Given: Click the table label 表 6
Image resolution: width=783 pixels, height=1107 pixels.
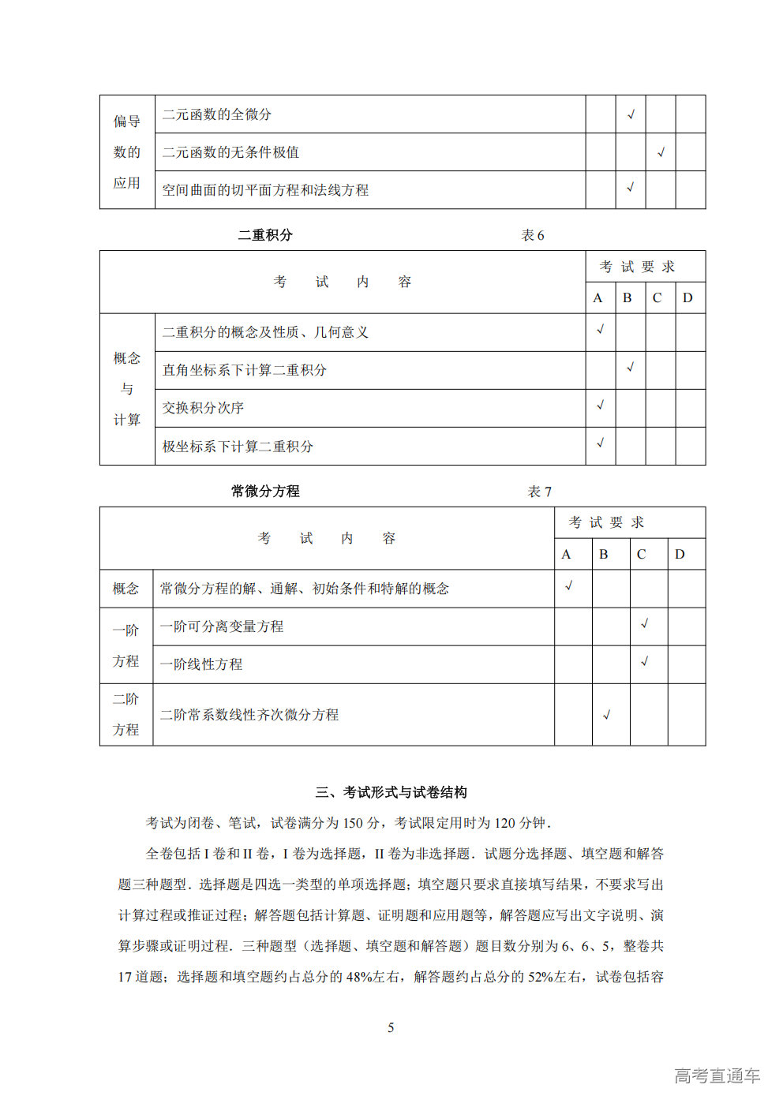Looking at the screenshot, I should click(x=533, y=235).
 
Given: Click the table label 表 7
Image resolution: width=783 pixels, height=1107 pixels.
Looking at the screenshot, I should click(x=540, y=492).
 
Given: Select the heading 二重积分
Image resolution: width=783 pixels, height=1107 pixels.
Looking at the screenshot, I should click(x=265, y=235).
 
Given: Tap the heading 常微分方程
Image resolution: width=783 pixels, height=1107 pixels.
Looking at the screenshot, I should click(x=265, y=492).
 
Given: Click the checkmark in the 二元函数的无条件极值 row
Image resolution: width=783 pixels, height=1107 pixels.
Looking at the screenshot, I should click(x=661, y=152).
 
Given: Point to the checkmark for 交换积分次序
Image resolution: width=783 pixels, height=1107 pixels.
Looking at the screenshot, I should click(x=601, y=406).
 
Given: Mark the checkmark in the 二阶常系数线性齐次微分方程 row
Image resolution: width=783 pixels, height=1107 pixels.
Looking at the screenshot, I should click(x=606, y=715).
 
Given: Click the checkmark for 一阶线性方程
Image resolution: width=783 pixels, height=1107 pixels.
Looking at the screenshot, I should click(x=645, y=661).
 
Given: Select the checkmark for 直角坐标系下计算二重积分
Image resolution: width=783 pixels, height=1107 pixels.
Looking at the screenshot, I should click(x=631, y=367).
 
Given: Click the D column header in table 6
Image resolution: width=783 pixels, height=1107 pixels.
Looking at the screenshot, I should click(x=687, y=298).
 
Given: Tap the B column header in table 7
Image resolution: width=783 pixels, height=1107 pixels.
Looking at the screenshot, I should click(x=604, y=554).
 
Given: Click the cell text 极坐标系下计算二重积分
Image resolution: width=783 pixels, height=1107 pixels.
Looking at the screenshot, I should click(x=238, y=447).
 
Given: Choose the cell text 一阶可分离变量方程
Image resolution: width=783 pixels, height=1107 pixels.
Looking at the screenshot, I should click(x=222, y=626).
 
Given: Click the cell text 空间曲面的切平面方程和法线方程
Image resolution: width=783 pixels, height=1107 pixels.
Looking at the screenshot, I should click(x=265, y=190).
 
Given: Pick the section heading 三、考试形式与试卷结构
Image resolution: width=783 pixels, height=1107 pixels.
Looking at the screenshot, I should click(x=391, y=792).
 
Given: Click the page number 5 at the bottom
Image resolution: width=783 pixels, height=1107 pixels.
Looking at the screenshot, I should click(x=391, y=1027).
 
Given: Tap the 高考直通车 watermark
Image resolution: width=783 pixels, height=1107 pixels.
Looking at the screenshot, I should click(x=717, y=1075).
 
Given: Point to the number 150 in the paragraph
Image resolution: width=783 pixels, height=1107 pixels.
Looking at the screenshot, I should click(x=354, y=823).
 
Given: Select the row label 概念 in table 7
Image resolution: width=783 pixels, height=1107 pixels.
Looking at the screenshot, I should click(x=126, y=589).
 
